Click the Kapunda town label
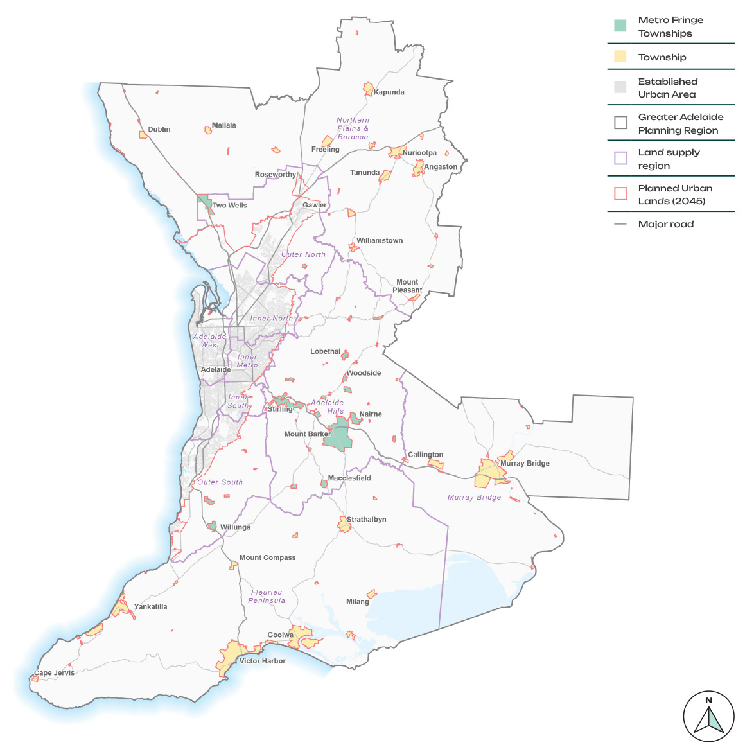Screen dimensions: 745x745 [x=389, y=92]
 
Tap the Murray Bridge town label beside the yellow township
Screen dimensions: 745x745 [x=525, y=464]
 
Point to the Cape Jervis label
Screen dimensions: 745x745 [x=55, y=673]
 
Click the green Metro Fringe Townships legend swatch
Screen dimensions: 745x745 [x=620, y=26]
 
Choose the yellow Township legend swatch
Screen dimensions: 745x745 [x=620, y=57]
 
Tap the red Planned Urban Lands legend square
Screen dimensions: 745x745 [x=620, y=194]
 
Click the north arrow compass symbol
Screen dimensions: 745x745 [x=708, y=716]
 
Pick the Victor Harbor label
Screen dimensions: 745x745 [x=262, y=661]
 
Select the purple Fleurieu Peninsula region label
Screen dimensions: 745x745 [x=267, y=597]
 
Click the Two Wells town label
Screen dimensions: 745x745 [x=229, y=206]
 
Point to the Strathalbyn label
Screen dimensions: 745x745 [x=366, y=520]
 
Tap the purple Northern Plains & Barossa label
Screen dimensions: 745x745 [x=353, y=128]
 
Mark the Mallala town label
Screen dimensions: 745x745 [x=223, y=126]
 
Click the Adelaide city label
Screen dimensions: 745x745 [x=216, y=370]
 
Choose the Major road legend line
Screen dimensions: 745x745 [x=620, y=224]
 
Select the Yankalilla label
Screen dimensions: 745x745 [x=150, y=607]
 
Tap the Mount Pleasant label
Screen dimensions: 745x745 [x=407, y=286]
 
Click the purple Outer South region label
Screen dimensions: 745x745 [x=220, y=482]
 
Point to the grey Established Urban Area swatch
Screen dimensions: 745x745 [x=620, y=87]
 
